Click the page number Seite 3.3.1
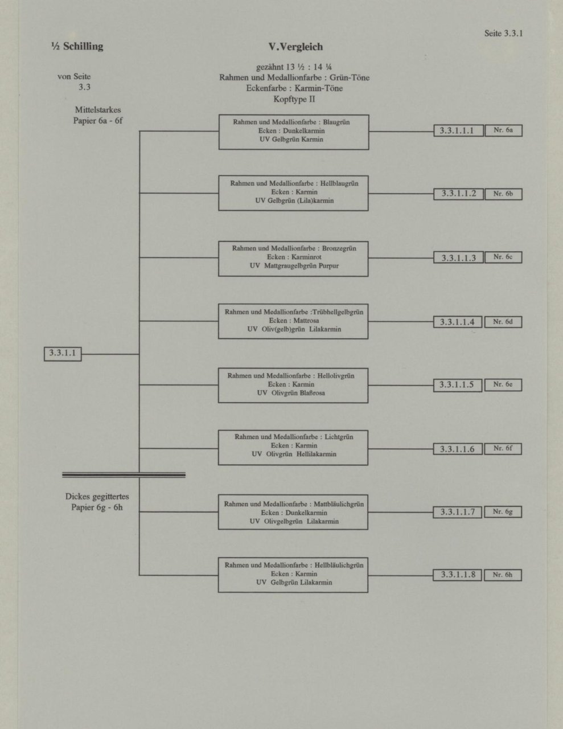point(503,34)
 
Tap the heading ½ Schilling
point(77,46)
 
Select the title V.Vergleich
point(295,47)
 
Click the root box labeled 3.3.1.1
point(63,354)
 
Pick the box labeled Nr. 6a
point(503,130)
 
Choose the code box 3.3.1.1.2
point(458,194)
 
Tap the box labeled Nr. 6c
point(503,257)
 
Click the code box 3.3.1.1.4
point(457,322)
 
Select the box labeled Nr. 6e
point(503,385)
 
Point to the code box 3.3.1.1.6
point(457,449)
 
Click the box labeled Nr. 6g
point(503,512)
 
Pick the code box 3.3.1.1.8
point(457,575)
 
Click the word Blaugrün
point(336,122)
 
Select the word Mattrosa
point(306,321)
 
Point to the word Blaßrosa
point(312,393)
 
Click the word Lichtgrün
point(339,437)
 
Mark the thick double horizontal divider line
point(124,475)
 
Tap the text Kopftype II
point(294,99)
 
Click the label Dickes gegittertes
point(97,497)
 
